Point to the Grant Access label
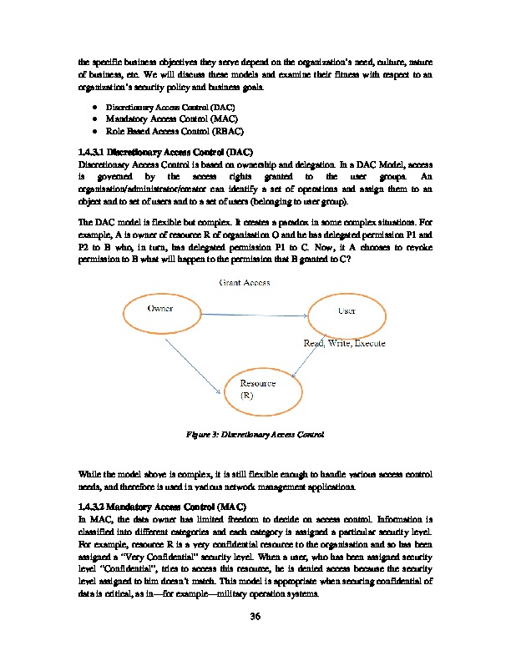pos(245,284)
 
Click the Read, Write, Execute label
pos(343,344)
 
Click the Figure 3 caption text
pos(255,435)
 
